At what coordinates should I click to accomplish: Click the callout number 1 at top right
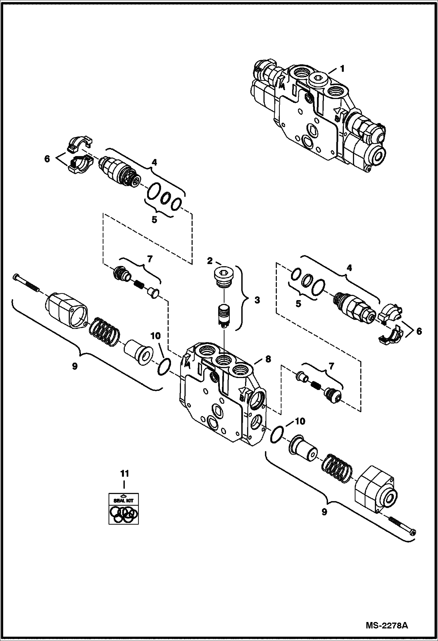click(x=342, y=69)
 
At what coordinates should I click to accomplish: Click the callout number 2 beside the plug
click(x=210, y=261)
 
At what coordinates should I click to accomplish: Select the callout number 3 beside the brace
click(x=257, y=300)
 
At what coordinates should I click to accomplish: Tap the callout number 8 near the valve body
click(x=268, y=359)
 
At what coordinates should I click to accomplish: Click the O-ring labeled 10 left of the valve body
click(x=163, y=368)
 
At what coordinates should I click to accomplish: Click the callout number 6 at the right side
click(x=419, y=331)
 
